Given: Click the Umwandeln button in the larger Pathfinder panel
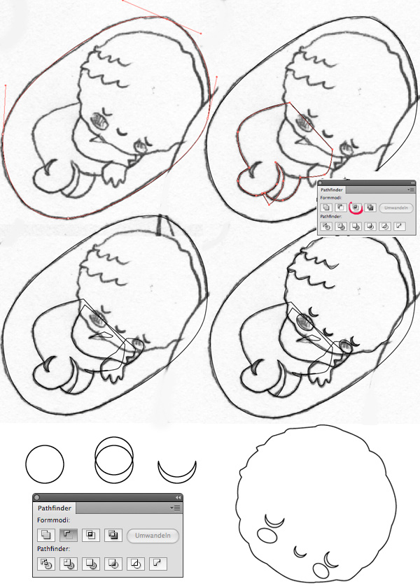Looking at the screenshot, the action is pos(153,536).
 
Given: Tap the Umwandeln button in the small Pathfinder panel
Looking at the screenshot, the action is pos(396,208).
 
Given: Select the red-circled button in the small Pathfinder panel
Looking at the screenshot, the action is pos(356,208).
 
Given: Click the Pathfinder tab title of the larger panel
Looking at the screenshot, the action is pos(54,508).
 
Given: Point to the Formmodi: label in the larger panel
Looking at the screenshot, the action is pos(53,520).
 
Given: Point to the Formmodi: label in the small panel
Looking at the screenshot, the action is pos(331,198).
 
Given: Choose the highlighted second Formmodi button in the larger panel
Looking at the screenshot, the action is pos(68,535).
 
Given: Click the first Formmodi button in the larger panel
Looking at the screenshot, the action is pos(46,535).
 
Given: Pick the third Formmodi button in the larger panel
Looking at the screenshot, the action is pos(90,535).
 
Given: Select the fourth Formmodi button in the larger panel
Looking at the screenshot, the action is pos(113,535).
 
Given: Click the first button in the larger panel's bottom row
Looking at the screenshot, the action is pos(46,564).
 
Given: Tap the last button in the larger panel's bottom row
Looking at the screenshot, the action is pos(157,564).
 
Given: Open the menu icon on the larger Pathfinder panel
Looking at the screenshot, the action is pos(175,508).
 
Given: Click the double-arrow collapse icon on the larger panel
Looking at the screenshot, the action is pos(178,497).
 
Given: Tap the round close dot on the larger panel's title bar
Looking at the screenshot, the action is pos(36,497).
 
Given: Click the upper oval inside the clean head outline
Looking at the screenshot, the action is pos(267,534).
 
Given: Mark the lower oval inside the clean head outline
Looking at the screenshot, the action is pos(321,570).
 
